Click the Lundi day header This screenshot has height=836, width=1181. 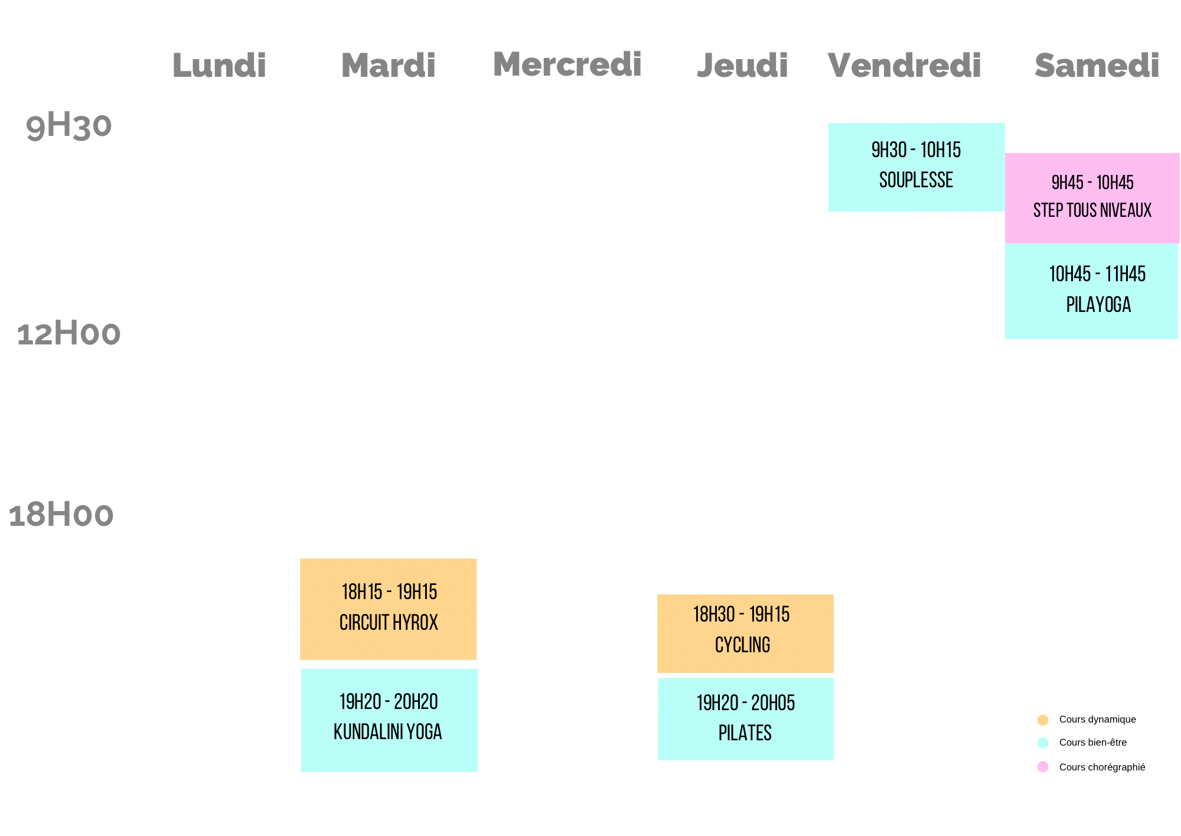(x=219, y=65)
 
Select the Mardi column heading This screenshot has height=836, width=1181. (x=388, y=65)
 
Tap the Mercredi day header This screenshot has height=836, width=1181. (x=567, y=64)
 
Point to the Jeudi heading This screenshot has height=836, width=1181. (x=742, y=65)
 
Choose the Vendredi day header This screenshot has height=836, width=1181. (x=904, y=65)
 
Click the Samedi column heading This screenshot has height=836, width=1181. (x=1097, y=65)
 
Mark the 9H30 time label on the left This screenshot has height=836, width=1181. (x=68, y=126)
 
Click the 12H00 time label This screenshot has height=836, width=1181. (x=68, y=334)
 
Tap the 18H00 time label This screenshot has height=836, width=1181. (x=61, y=515)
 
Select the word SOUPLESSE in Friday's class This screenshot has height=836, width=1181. (x=916, y=180)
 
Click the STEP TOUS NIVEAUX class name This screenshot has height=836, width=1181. (x=1092, y=210)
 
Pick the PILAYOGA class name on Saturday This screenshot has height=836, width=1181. (x=1098, y=305)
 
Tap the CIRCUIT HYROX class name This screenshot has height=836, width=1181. (x=389, y=623)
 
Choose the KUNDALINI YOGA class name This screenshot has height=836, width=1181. (x=387, y=732)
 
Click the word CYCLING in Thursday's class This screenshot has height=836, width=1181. (x=742, y=645)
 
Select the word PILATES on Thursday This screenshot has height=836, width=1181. (x=745, y=733)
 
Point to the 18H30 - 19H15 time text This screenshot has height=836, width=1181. (x=741, y=614)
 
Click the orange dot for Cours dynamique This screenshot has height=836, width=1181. (x=1043, y=720)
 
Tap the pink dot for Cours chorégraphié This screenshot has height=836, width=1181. (x=1043, y=767)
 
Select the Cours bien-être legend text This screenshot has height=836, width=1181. (x=1092, y=743)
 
